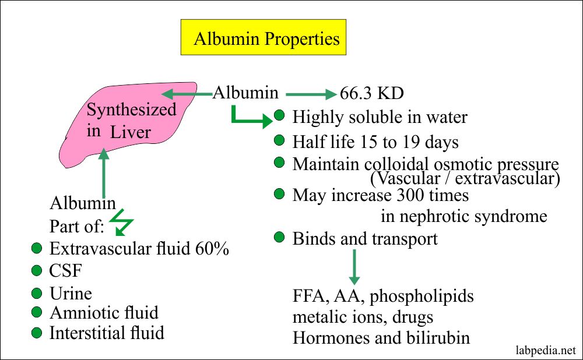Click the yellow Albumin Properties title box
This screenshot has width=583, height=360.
(266, 39)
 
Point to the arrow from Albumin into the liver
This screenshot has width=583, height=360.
(187, 93)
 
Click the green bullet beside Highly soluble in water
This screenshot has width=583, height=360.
(280, 117)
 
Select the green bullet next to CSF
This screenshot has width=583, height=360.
(37, 271)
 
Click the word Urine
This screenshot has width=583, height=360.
(71, 293)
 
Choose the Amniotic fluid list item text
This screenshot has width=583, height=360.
(104, 313)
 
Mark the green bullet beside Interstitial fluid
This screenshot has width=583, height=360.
(37, 333)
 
